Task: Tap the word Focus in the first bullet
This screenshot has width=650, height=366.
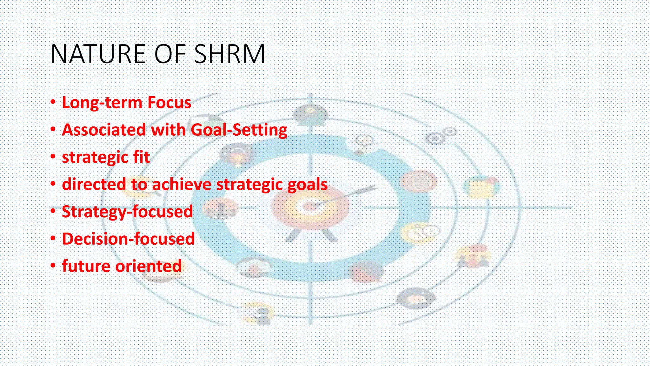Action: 169,103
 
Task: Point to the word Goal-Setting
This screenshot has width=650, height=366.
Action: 239,130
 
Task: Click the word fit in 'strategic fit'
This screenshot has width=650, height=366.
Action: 141,157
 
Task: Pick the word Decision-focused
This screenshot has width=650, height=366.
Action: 128,239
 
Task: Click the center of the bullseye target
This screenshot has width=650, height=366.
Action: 309,207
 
